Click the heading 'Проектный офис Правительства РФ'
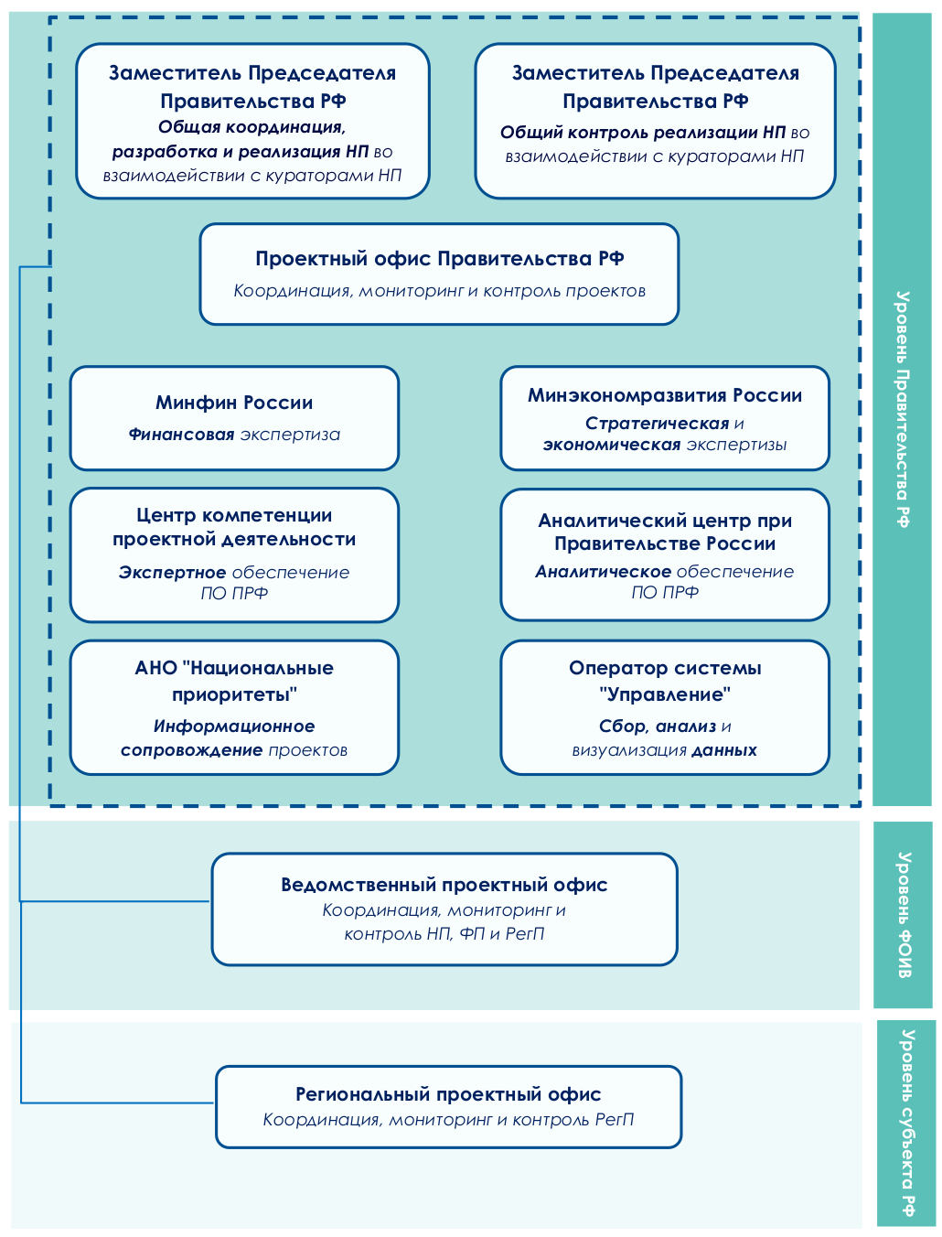point(440,259)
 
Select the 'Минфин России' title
point(234,403)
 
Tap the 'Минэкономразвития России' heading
point(664,395)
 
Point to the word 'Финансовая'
point(181,434)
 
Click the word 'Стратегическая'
point(657,423)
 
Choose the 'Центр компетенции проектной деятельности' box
point(234,555)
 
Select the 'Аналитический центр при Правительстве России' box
point(664,554)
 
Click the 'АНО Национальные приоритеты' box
point(234,707)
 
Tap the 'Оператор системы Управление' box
point(664,707)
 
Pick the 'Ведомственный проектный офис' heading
point(444,884)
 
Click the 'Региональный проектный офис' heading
point(448,1094)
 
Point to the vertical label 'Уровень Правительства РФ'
point(903,409)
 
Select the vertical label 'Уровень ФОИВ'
point(905,915)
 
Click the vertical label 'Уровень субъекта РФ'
point(907,1123)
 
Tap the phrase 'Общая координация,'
point(252,127)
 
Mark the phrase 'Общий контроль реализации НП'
point(642,133)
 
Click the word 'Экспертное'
point(173,572)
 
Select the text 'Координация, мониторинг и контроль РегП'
point(448,1119)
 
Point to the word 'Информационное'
point(234,726)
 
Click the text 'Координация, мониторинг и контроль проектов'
point(439,291)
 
